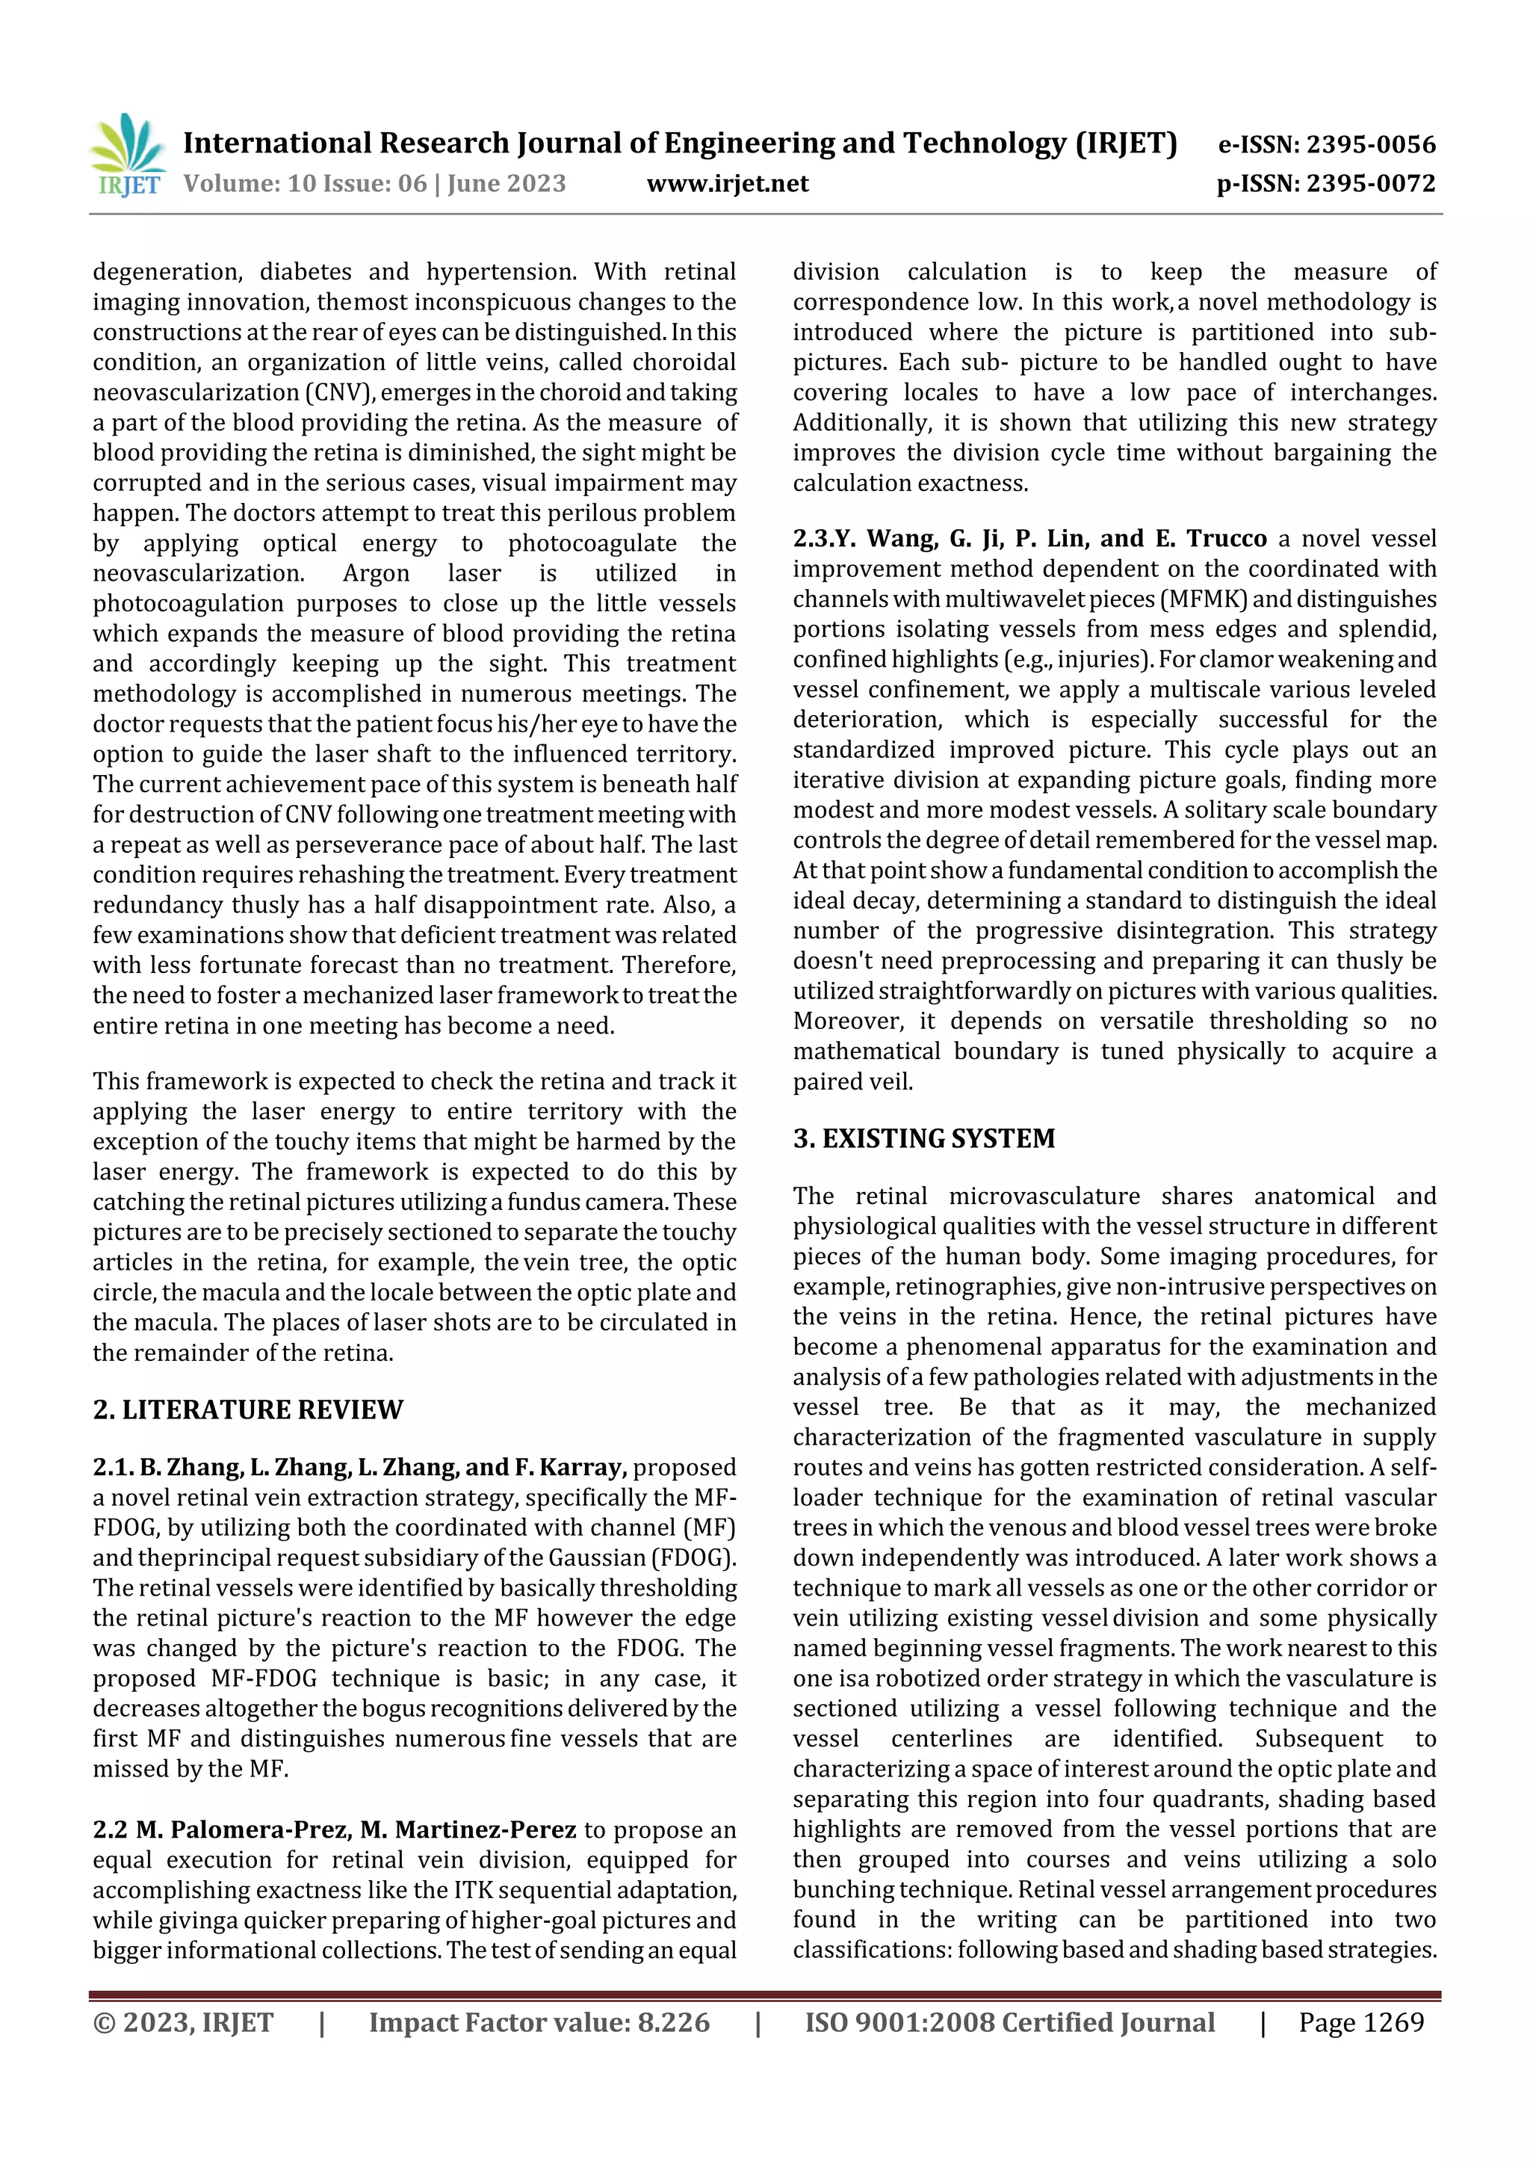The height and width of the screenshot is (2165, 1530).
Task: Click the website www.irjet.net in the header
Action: click(x=727, y=183)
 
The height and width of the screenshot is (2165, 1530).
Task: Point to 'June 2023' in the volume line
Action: click(x=507, y=183)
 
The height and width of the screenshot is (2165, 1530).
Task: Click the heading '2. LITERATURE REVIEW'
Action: click(x=248, y=1409)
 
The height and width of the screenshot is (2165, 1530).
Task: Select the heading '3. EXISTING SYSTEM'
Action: click(x=924, y=1138)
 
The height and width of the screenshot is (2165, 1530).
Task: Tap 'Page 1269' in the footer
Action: click(x=1360, y=2022)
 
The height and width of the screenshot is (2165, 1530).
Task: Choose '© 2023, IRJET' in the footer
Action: click(x=183, y=2022)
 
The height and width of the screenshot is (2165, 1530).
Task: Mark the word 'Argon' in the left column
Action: click(x=375, y=573)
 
